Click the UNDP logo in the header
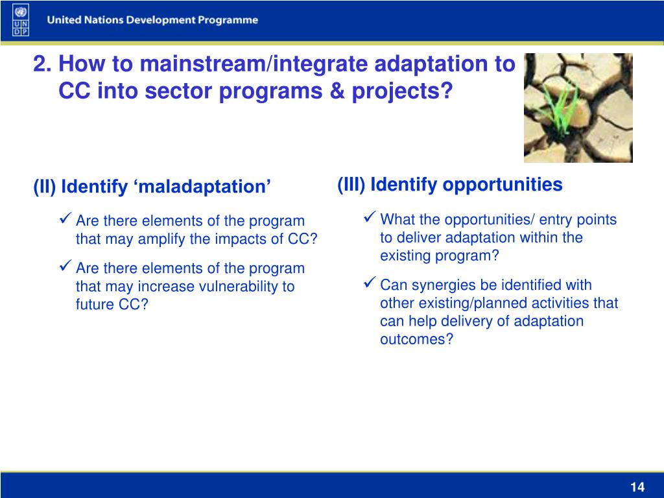click(21, 20)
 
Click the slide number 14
click(637, 487)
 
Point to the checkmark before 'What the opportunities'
click(370, 217)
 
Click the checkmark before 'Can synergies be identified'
click(370, 282)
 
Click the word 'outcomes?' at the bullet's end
click(417, 339)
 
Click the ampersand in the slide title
click(337, 91)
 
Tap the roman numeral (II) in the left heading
click(45, 187)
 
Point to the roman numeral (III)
click(351, 185)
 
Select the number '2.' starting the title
click(43, 64)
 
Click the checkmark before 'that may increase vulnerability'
click(65, 265)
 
